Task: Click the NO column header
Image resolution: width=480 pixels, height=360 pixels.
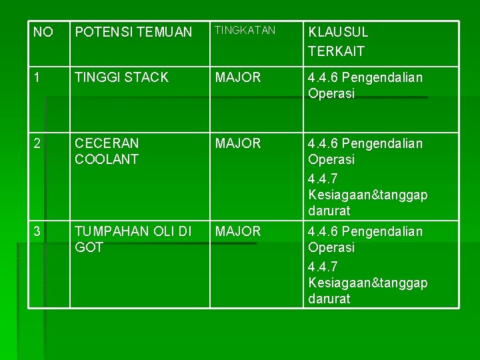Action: (x=43, y=32)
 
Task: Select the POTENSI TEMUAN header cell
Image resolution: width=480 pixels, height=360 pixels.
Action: (x=133, y=32)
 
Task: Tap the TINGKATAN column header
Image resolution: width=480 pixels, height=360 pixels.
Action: (x=245, y=31)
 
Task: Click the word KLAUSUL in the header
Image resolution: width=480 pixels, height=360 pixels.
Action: (x=338, y=32)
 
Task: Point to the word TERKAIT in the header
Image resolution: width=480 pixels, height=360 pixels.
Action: (x=336, y=51)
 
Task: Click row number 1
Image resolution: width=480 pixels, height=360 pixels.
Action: (x=37, y=77)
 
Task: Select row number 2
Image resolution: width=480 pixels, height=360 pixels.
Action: (x=38, y=143)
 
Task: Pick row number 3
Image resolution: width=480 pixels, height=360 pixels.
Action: (x=38, y=231)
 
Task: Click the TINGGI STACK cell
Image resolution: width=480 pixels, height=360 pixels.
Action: (x=122, y=77)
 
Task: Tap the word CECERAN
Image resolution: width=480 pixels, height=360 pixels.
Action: (x=107, y=143)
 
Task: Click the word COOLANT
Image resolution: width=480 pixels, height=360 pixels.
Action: (x=107, y=159)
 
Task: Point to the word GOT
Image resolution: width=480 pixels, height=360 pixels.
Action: (x=89, y=247)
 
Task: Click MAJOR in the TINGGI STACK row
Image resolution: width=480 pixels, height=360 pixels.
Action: (x=238, y=77)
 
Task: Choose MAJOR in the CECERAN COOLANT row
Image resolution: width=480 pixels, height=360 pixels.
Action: (x=238, y=143)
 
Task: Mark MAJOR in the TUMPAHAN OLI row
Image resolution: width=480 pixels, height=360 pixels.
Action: (x=238, y=231)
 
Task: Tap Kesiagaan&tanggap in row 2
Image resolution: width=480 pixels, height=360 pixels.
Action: (x=368, y=195)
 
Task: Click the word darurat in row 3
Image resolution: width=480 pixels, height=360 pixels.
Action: (x=329, y=299)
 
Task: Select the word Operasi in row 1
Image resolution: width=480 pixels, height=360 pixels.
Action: (x=331, y=94)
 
